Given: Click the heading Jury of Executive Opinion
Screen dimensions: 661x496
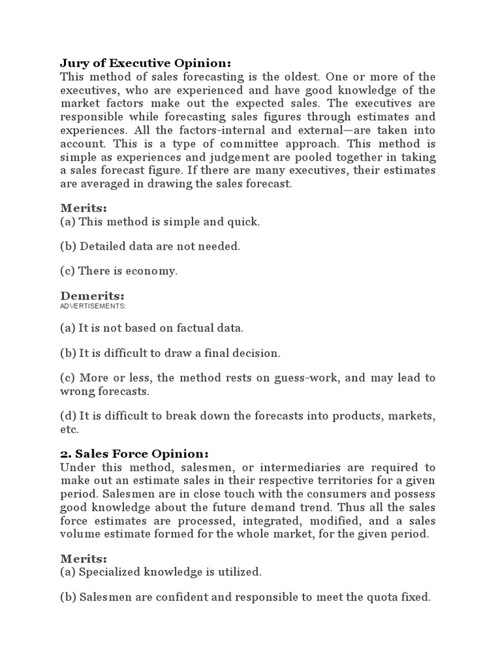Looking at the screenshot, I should pyautogui.click(x=145, y=63).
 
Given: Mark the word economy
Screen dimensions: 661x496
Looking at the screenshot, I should pyautogui.click(x=154, y=270).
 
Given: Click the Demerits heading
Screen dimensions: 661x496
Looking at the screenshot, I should pyautogui.click(x=92, y=296).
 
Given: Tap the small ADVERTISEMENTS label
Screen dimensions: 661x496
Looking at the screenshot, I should pyautogui.click(x=93, y=305).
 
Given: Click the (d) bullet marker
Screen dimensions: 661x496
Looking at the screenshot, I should pyautogui.click(x=67, y=416).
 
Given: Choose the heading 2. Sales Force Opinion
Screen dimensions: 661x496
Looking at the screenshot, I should pyautogui.click(x=134, y=453).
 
